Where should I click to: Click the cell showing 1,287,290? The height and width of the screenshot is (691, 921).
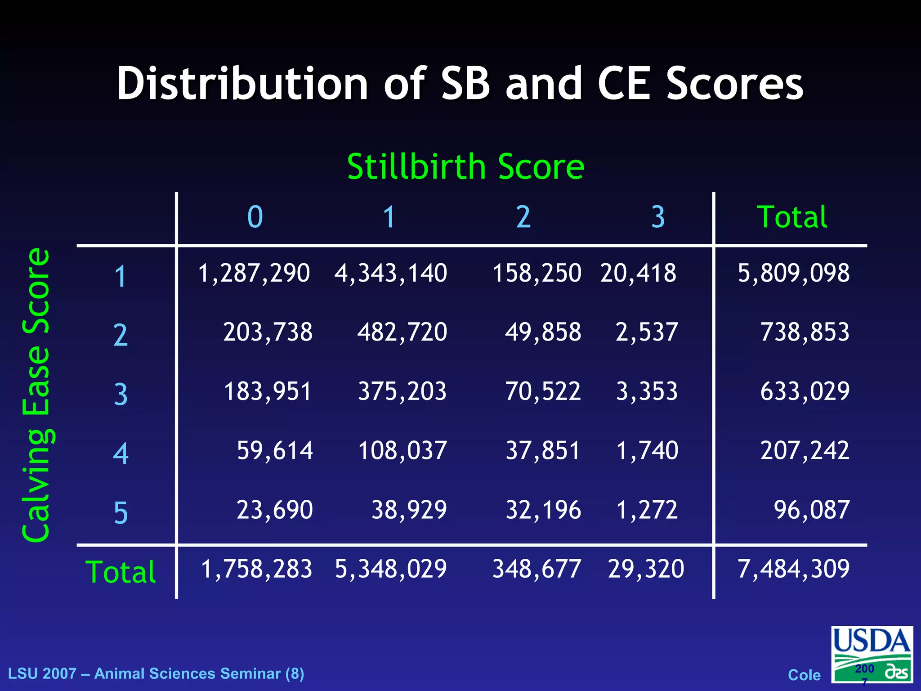[x=254, y=273]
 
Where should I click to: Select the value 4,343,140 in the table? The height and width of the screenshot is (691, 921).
[x=390, y=273]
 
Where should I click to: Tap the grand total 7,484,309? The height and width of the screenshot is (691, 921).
[x=793, y=569]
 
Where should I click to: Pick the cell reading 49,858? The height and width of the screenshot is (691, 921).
[x=543, y=332]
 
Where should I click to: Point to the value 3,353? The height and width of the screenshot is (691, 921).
[x=647, y=391]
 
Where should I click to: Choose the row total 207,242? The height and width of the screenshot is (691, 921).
[x=805, y=451]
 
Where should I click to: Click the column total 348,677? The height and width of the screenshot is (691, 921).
[x=537, y=569]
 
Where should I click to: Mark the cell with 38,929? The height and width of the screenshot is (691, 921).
[x=409, y=510]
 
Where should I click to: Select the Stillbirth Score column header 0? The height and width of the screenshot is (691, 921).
[x=255, y=217]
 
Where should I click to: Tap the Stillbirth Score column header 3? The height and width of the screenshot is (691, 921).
[x=658, y=217]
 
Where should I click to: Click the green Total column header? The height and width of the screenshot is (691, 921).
[x=792, y=217]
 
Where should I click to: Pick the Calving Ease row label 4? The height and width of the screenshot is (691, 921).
[x=121, y=453]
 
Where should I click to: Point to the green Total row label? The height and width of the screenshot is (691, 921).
[x=121, y=572]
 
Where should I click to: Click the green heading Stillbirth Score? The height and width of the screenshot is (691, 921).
[x=465, y=167]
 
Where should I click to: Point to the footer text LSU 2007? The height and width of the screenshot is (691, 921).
[x=42, y=673]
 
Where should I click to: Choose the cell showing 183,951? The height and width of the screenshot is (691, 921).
[x=268, y=391]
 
